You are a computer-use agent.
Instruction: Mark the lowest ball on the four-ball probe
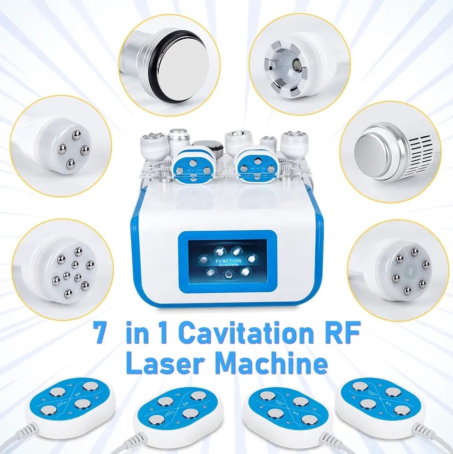(x=71, y=164)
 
